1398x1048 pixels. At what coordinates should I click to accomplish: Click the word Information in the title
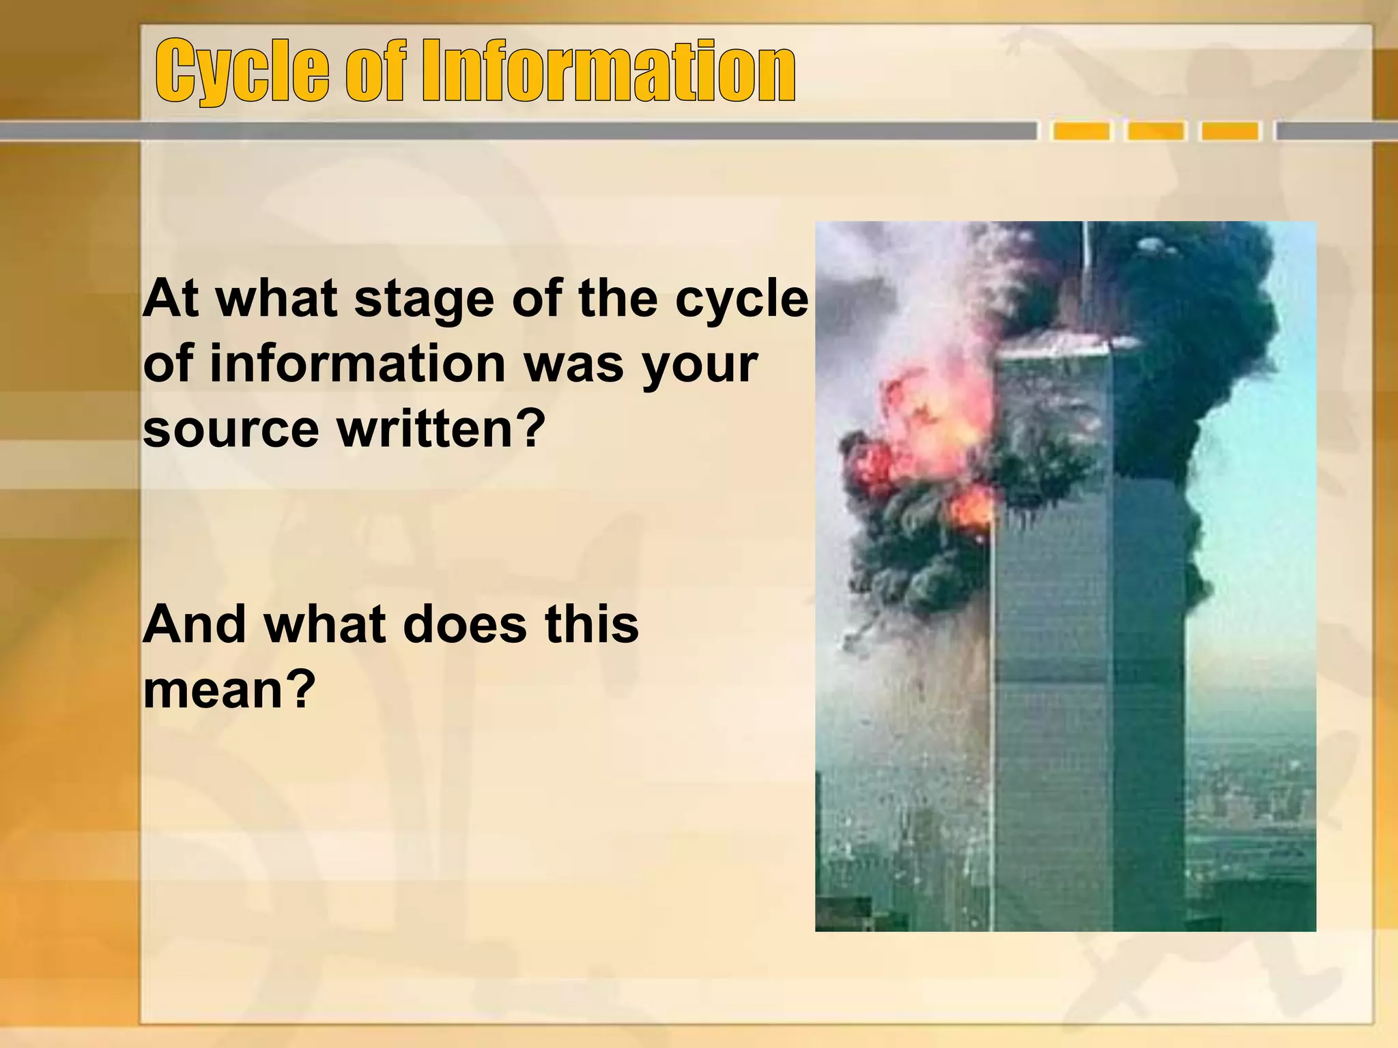(x=608, y=70)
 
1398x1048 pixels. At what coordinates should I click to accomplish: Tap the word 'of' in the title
(x=375, y=70)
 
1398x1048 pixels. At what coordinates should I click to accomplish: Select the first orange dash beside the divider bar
(x=1081, y=131)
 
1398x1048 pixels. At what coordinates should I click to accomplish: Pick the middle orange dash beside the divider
(x=1155, y=131)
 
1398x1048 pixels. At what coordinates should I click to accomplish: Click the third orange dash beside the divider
(x=1229, y=131)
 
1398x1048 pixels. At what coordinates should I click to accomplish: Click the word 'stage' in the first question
(x=424, y=300)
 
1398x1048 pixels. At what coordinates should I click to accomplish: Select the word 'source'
(x=231, y=431)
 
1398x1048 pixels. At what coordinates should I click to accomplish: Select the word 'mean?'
(x=229, y=690)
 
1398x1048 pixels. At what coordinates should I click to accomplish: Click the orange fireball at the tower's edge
(x=972, y=508)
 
